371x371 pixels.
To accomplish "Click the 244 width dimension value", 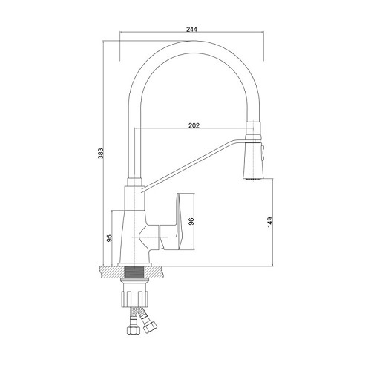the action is pos(191,29).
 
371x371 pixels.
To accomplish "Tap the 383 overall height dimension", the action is pos(101,154).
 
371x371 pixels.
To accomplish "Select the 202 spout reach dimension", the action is pos(194,125).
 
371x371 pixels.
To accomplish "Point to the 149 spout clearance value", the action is pos(270,222).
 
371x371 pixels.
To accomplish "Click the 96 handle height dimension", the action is pos(191,221).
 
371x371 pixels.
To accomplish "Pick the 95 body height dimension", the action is pos(109,238).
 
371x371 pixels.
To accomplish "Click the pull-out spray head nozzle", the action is pos(253,160).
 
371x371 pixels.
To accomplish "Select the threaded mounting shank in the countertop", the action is pos(134,272).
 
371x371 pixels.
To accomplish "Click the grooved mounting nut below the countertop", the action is pos(134,299).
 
